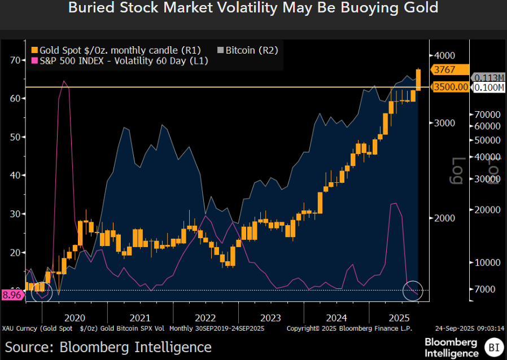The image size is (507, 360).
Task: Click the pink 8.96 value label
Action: (11, 294)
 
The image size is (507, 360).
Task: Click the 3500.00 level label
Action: (450, 87)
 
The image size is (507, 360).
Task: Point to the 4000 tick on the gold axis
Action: (444, 55)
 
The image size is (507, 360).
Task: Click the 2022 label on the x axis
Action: (205, 318)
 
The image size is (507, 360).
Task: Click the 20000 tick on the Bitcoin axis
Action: (486, 209)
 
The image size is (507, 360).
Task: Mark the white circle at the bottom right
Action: (413, 290)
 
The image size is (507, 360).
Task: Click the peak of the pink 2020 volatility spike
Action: (64, 81)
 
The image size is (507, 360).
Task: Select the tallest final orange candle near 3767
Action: (418, 80)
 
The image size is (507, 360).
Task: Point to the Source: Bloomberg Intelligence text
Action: (108, 347)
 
